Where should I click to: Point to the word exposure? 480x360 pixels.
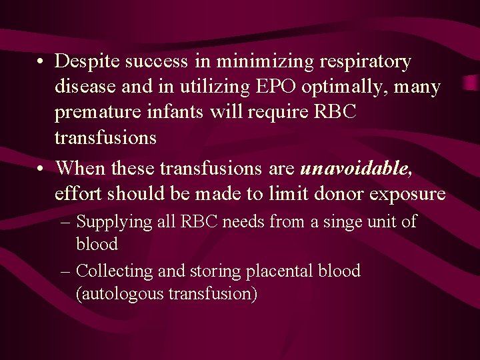tap(405, 194)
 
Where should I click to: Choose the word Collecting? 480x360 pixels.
tap(115, 271)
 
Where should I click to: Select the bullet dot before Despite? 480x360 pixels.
tap(41, 63)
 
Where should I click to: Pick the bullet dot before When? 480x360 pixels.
tap(41, 170)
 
